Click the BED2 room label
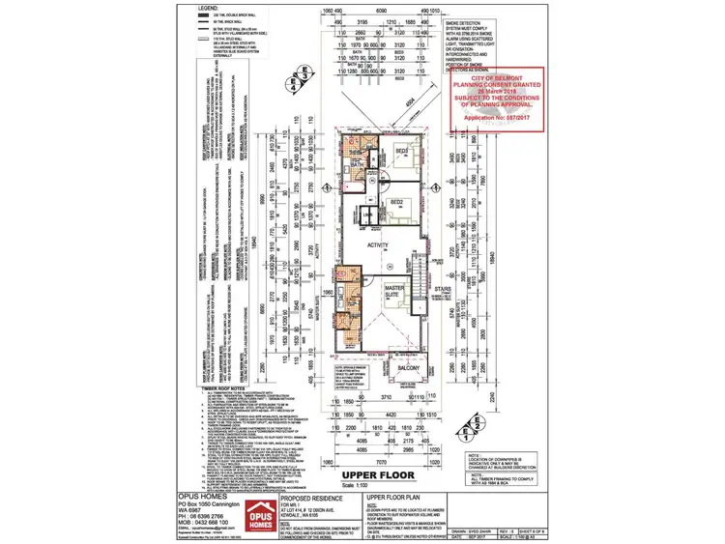(396, 203)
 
